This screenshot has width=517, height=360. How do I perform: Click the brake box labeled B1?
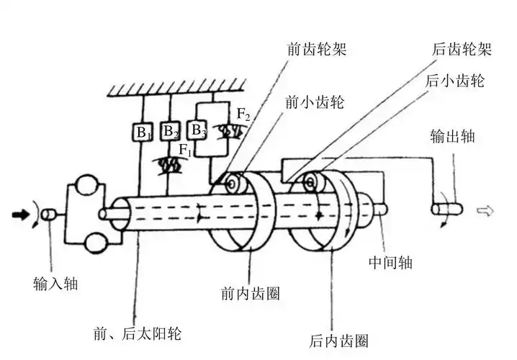pos(143,133)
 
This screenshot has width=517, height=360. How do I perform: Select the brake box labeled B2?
pos(170,132)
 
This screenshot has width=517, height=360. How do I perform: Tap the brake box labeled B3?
pos(196,130)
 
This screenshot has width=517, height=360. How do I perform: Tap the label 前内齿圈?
pos(249,294)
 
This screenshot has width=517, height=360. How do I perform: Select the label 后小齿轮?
pos(455,80)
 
